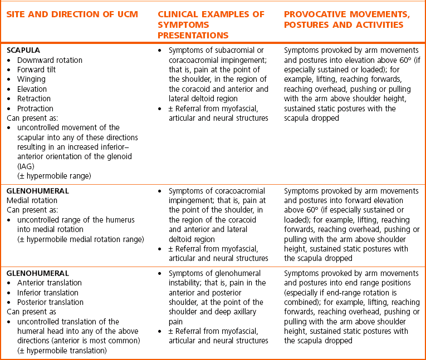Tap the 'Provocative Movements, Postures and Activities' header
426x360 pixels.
click(x=343, y=19)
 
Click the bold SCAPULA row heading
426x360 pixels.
click(x=23, y=50)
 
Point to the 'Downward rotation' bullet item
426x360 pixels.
click(x=50, y=60)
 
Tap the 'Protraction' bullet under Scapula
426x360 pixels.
click(x=35, y=109)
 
